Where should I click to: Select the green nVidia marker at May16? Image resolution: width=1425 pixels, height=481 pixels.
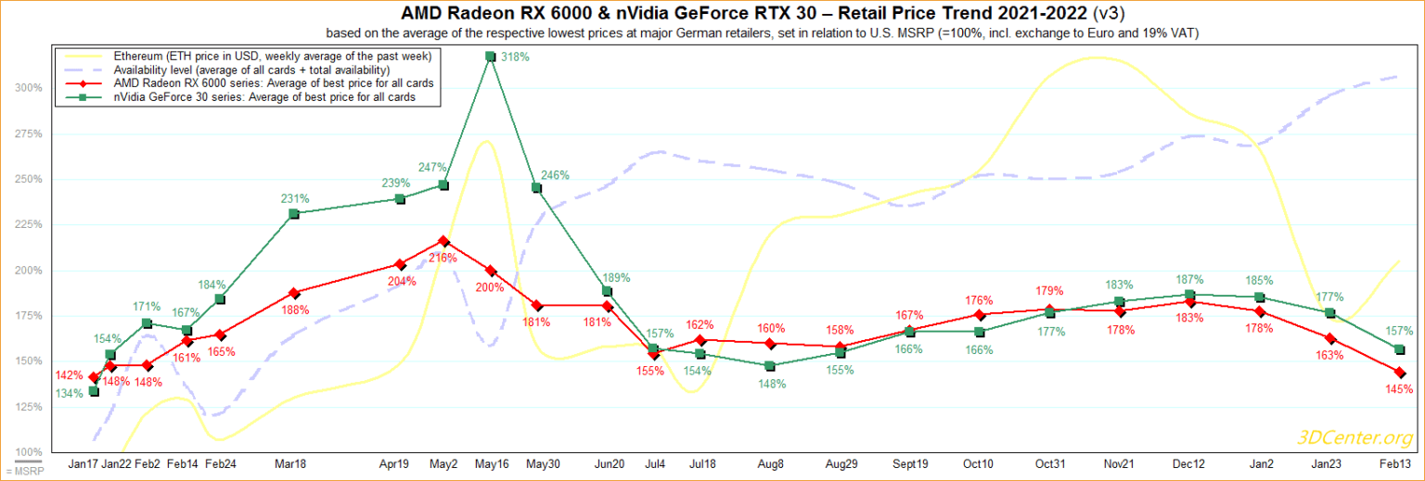point(490,57)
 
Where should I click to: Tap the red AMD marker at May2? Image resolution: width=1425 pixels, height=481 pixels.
point(443,241)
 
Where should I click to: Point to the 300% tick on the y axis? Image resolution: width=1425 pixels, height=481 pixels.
point(28,88)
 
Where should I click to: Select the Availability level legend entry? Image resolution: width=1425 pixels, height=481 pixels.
point(251,70)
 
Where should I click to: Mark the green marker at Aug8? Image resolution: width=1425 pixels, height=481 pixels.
point(770,366)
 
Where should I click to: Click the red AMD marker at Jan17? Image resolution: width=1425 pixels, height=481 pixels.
point(94,378)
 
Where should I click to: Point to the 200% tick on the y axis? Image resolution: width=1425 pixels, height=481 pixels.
point(28,271)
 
